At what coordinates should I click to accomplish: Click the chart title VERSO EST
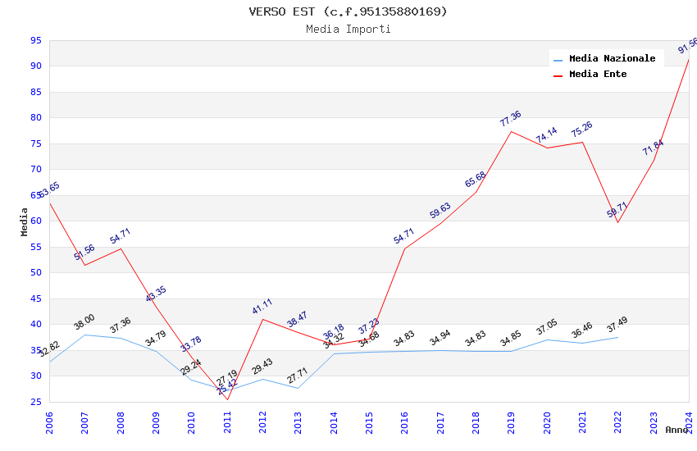348,11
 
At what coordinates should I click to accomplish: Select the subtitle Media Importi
348,29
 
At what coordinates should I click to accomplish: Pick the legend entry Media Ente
598,74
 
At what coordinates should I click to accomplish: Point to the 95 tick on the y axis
35,40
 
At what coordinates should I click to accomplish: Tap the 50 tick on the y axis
35,273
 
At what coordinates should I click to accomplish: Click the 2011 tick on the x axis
227,421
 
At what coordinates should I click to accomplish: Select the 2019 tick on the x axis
512,421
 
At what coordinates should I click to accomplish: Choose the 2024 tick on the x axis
689,421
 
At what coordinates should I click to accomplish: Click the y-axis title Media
24,221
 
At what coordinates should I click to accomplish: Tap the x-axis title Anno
676,430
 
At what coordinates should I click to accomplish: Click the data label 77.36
510,119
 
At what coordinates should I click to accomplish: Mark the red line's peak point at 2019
511,131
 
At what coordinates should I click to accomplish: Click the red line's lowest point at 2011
227,400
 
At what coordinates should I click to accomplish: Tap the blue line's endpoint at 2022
617,337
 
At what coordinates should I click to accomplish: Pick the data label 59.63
440,211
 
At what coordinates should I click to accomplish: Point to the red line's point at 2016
404,248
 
